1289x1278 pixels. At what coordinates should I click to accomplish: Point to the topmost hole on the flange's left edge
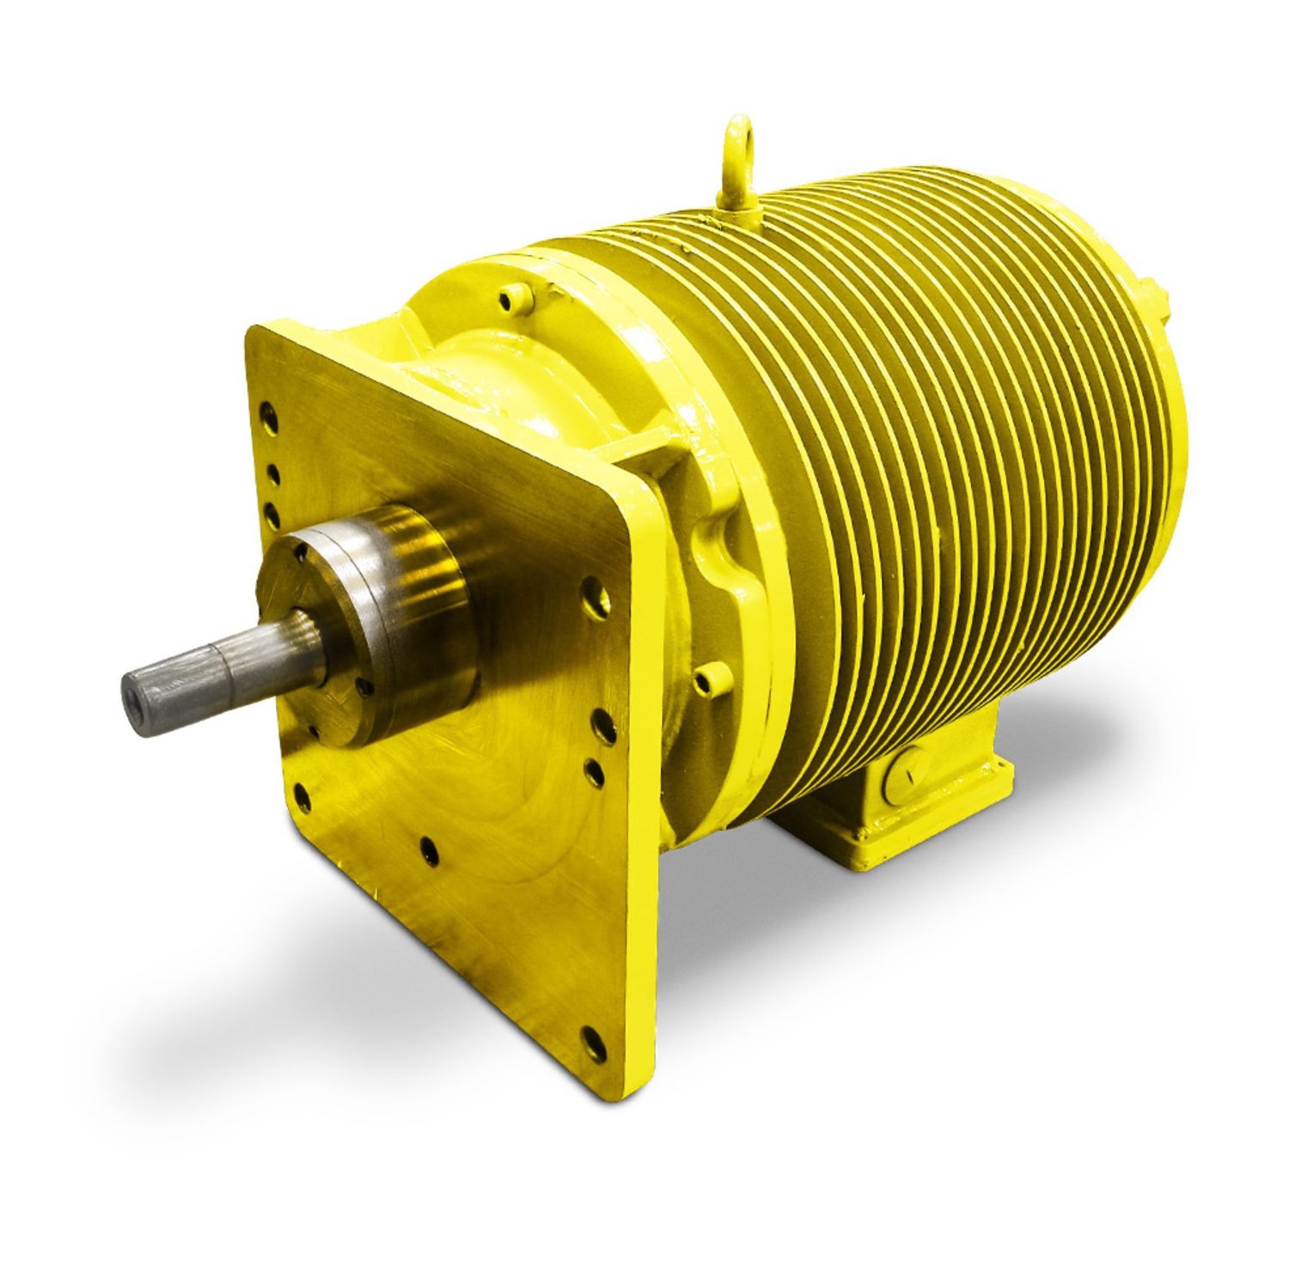(x=269, y=417)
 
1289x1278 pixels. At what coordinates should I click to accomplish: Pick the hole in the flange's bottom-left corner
(x=302, y=797)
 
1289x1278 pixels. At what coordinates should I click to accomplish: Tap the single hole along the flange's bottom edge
(x=430, y=851)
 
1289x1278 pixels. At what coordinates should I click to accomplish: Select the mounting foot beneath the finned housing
(x=894, y=799)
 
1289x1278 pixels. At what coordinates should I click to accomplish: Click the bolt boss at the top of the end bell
(x=515, y=298)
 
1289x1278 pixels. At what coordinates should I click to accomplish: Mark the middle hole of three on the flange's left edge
(x=272, y=475)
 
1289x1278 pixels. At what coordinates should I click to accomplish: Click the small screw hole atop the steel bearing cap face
(x=301, y=554)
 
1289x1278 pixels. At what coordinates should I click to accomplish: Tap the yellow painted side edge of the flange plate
(x=644, y=773)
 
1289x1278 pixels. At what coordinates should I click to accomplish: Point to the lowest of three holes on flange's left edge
(x=272, y=515)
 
